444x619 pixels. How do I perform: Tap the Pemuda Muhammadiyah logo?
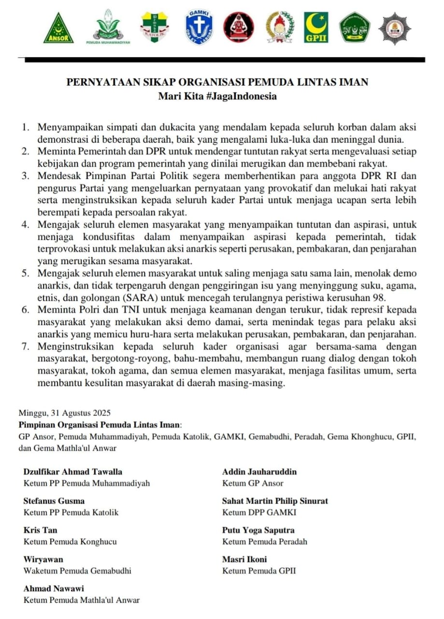[x=108, y=27]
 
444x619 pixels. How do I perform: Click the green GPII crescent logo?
[x=316, y=28]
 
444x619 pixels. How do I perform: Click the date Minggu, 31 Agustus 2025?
[x=65, y=413]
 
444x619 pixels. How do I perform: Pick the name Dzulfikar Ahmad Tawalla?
[x=72, y=472]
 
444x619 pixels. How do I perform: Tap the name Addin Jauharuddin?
[x=259, y=472]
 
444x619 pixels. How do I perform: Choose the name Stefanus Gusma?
[x=54, y=501]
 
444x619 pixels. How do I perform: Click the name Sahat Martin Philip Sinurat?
[x=275, y=501]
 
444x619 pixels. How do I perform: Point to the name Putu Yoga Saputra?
[x=258, y=530]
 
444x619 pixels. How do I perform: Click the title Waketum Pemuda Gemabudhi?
[x=77, y=571]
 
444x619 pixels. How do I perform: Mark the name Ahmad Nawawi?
[x=54, y=589]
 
